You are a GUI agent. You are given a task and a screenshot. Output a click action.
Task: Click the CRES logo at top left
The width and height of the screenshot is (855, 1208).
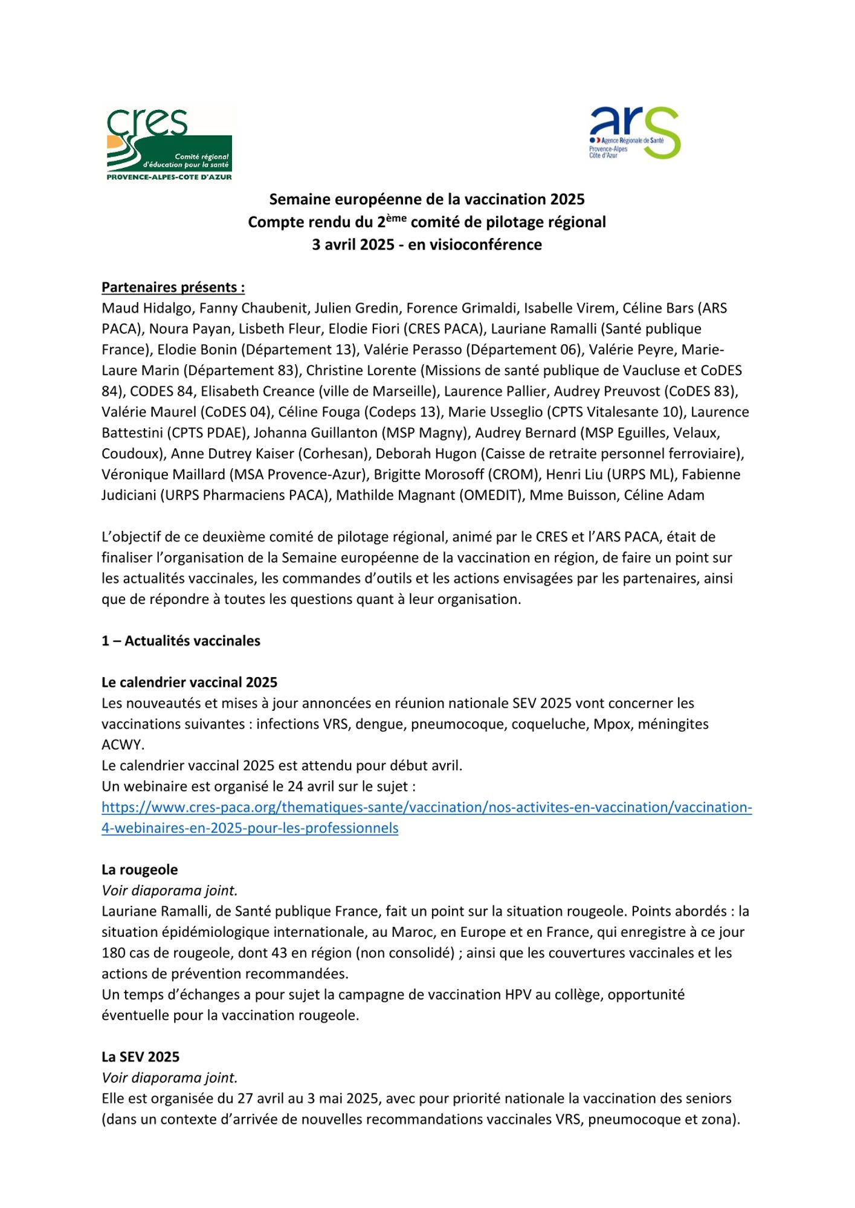pos(169,144)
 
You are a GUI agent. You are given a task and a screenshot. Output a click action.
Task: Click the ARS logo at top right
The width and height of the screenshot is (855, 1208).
pos(634,133)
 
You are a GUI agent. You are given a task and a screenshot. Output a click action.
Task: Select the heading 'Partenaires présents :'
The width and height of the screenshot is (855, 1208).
pos(173,287)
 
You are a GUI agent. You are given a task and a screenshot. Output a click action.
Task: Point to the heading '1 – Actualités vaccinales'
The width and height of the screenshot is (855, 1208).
pos(181,641)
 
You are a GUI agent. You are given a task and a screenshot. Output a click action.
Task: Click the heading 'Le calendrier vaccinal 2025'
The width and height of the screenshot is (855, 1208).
pos(189,683)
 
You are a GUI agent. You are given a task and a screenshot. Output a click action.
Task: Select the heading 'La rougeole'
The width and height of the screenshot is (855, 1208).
pos(140,870)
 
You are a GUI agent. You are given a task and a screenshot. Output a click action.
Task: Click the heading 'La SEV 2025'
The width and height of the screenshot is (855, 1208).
pos(140,1056)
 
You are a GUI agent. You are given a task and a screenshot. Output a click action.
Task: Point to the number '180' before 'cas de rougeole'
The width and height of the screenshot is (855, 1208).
pos(113,953)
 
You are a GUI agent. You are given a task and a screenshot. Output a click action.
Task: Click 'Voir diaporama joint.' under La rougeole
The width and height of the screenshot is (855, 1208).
pos(170,890)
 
